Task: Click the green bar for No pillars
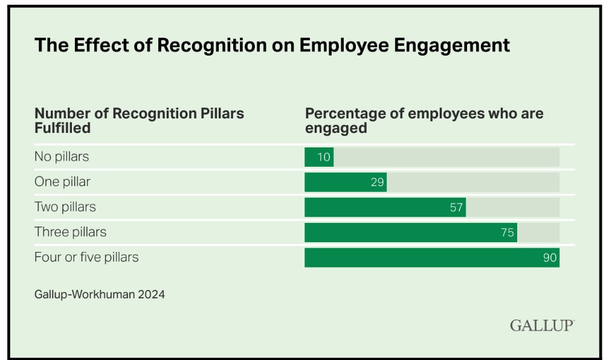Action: (319, 157)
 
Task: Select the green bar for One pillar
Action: (346, 182)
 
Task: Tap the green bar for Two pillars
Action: (385, 208)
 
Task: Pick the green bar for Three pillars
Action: (411, 233)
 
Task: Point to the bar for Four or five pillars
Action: (432, 258)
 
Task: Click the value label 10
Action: (324, 157)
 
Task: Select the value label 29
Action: (377, 182)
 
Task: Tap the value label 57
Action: (456, 208)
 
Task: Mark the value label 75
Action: (508, 233)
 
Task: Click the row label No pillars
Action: (62, 156)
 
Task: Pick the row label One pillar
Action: (62, 182)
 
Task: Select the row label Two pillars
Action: (65, 207)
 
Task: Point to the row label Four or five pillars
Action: (86, 257)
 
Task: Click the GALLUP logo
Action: (542, 326)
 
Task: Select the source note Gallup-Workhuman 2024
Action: (100, 295)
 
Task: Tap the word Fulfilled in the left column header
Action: (63, 127)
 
